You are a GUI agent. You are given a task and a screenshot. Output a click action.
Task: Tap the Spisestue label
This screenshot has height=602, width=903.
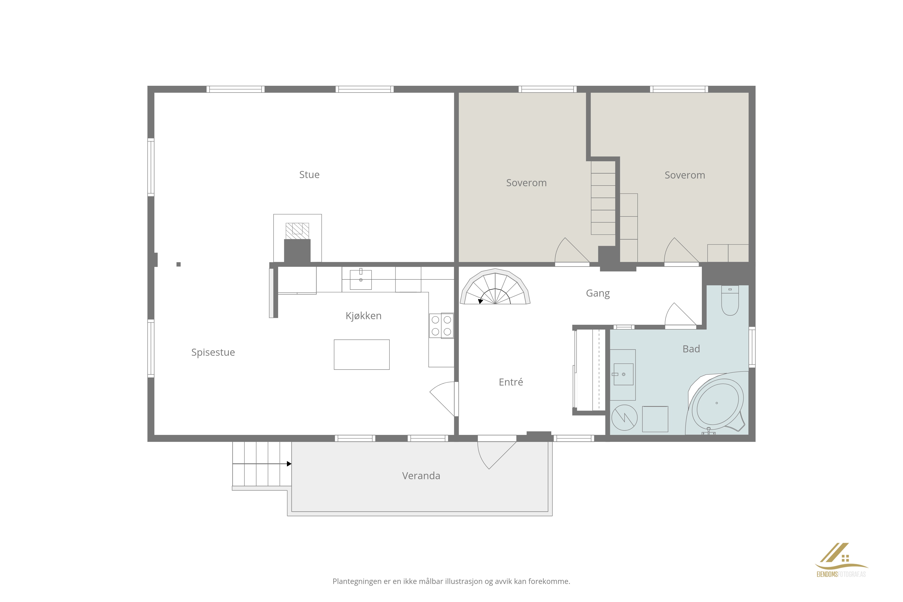[x=213, y=352]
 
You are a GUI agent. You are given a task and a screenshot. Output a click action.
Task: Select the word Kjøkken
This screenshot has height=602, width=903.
[x=363, y=316]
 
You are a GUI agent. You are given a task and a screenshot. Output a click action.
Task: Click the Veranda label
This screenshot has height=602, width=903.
[x=421, y=476]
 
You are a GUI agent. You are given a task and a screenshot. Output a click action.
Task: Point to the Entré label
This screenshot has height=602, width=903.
[x=511, y=382]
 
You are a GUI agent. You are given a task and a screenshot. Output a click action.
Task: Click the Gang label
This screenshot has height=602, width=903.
[x=598, y=293]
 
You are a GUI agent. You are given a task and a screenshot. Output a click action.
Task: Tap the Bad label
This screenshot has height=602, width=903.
[x=691, y=349]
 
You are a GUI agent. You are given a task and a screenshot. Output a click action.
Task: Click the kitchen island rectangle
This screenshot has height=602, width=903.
[x=362, y=354]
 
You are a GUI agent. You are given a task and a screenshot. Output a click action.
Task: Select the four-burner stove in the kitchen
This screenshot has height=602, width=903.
[x=442, y=325]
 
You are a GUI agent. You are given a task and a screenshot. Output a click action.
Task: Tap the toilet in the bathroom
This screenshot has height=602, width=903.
[x=730, y=301]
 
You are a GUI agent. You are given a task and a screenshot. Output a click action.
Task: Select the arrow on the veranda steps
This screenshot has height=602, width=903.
[x=262, y=464]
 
